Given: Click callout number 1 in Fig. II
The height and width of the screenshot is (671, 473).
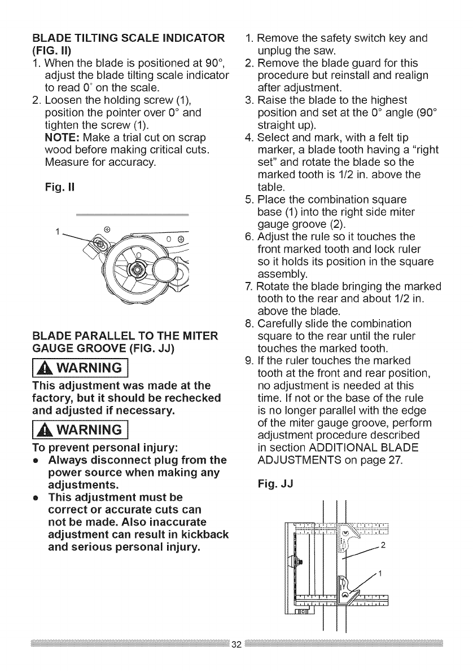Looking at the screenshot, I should tap(72, 231).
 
